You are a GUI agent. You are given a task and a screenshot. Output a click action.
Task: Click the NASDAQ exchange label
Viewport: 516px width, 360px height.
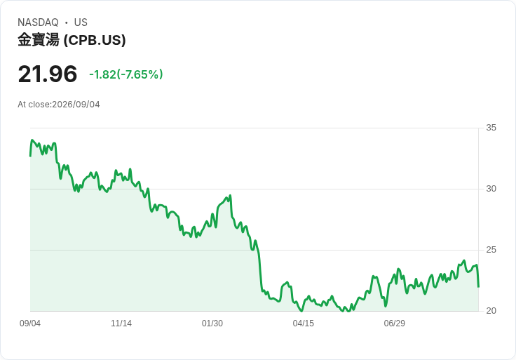[38, 22]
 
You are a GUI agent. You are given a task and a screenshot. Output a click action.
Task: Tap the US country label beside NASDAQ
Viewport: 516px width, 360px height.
[81, 22]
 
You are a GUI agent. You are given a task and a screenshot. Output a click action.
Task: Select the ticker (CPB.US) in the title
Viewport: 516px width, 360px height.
[95, 40]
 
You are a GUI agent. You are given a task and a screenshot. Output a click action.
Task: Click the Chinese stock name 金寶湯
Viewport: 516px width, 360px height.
[39, 40]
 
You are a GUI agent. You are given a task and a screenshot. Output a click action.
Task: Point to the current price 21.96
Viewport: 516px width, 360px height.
[48, 74]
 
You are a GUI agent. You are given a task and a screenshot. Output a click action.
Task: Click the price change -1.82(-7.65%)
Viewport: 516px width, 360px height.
[126, 74]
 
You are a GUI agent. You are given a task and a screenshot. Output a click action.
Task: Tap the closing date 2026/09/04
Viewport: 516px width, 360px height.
[76, 105]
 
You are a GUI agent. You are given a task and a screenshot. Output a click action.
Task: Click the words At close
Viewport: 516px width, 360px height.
[34, 105]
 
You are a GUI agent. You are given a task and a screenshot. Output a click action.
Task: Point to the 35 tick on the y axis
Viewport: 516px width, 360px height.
[491, 128]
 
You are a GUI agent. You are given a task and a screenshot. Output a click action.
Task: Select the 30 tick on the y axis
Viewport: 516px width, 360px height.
[491, 189]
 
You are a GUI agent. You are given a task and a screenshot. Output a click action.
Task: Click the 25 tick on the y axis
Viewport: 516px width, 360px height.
[491, 250]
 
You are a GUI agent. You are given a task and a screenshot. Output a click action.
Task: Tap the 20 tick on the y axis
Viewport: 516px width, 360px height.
[491, 311]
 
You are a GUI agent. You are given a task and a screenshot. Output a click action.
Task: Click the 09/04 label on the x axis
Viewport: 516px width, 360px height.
[30, 324]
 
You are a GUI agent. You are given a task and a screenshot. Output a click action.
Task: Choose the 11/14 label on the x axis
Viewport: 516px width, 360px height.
[121, 324]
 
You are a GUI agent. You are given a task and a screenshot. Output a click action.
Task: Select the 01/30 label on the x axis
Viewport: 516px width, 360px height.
[212, 324]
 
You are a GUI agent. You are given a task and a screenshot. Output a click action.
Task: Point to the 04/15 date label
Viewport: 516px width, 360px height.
[303, 324]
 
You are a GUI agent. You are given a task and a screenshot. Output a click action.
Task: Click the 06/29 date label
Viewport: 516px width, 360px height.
[394, 324]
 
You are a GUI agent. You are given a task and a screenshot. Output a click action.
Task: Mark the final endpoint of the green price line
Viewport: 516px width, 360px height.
[478, 287]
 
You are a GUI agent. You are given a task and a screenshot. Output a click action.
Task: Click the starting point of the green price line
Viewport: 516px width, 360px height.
[30, 156]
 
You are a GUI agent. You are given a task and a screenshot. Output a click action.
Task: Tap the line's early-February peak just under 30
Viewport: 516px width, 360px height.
[230, 195]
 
